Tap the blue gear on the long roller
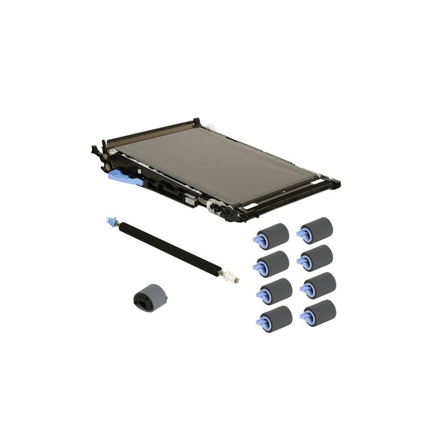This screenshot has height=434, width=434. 111,221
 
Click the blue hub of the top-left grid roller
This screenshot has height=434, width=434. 257,238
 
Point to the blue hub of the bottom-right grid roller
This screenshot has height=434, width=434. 305,317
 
